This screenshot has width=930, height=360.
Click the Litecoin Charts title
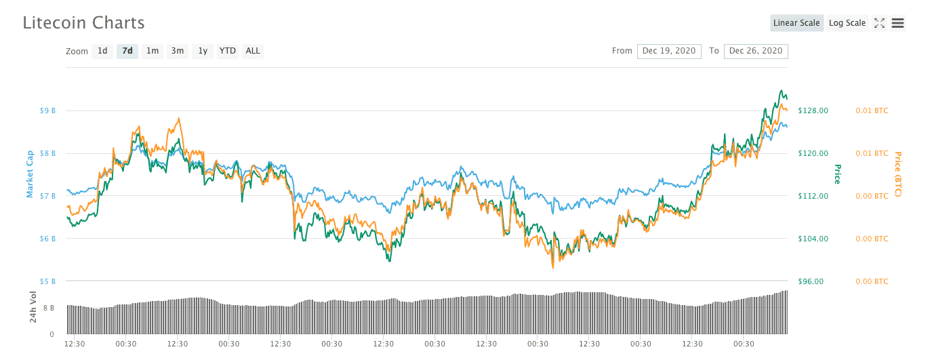[83, 22]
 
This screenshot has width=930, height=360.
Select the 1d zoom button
[102, 51]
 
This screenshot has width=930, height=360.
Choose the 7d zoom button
[127, 51]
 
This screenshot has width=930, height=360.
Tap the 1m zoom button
[153, 51]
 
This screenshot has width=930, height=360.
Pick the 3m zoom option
[178, 51]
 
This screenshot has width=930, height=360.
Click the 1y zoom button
[203, 51]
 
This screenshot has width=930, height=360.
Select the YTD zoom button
[228, 51]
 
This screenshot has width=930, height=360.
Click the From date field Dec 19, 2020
[669, 51]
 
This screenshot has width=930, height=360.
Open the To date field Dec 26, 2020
[756, 51]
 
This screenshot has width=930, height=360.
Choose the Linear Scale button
[796, 23]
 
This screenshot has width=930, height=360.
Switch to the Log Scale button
[847, 23]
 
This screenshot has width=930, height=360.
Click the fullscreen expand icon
[879, 23]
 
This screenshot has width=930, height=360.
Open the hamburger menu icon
[898, 23]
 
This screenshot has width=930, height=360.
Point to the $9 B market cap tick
[47, 111]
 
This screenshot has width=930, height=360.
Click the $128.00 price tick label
[813, 111]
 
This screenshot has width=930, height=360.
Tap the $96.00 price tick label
[811, 281]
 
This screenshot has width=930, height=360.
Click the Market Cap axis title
[30, 175]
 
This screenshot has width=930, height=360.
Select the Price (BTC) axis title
[898, 174]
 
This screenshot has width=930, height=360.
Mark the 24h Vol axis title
[33, 306]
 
